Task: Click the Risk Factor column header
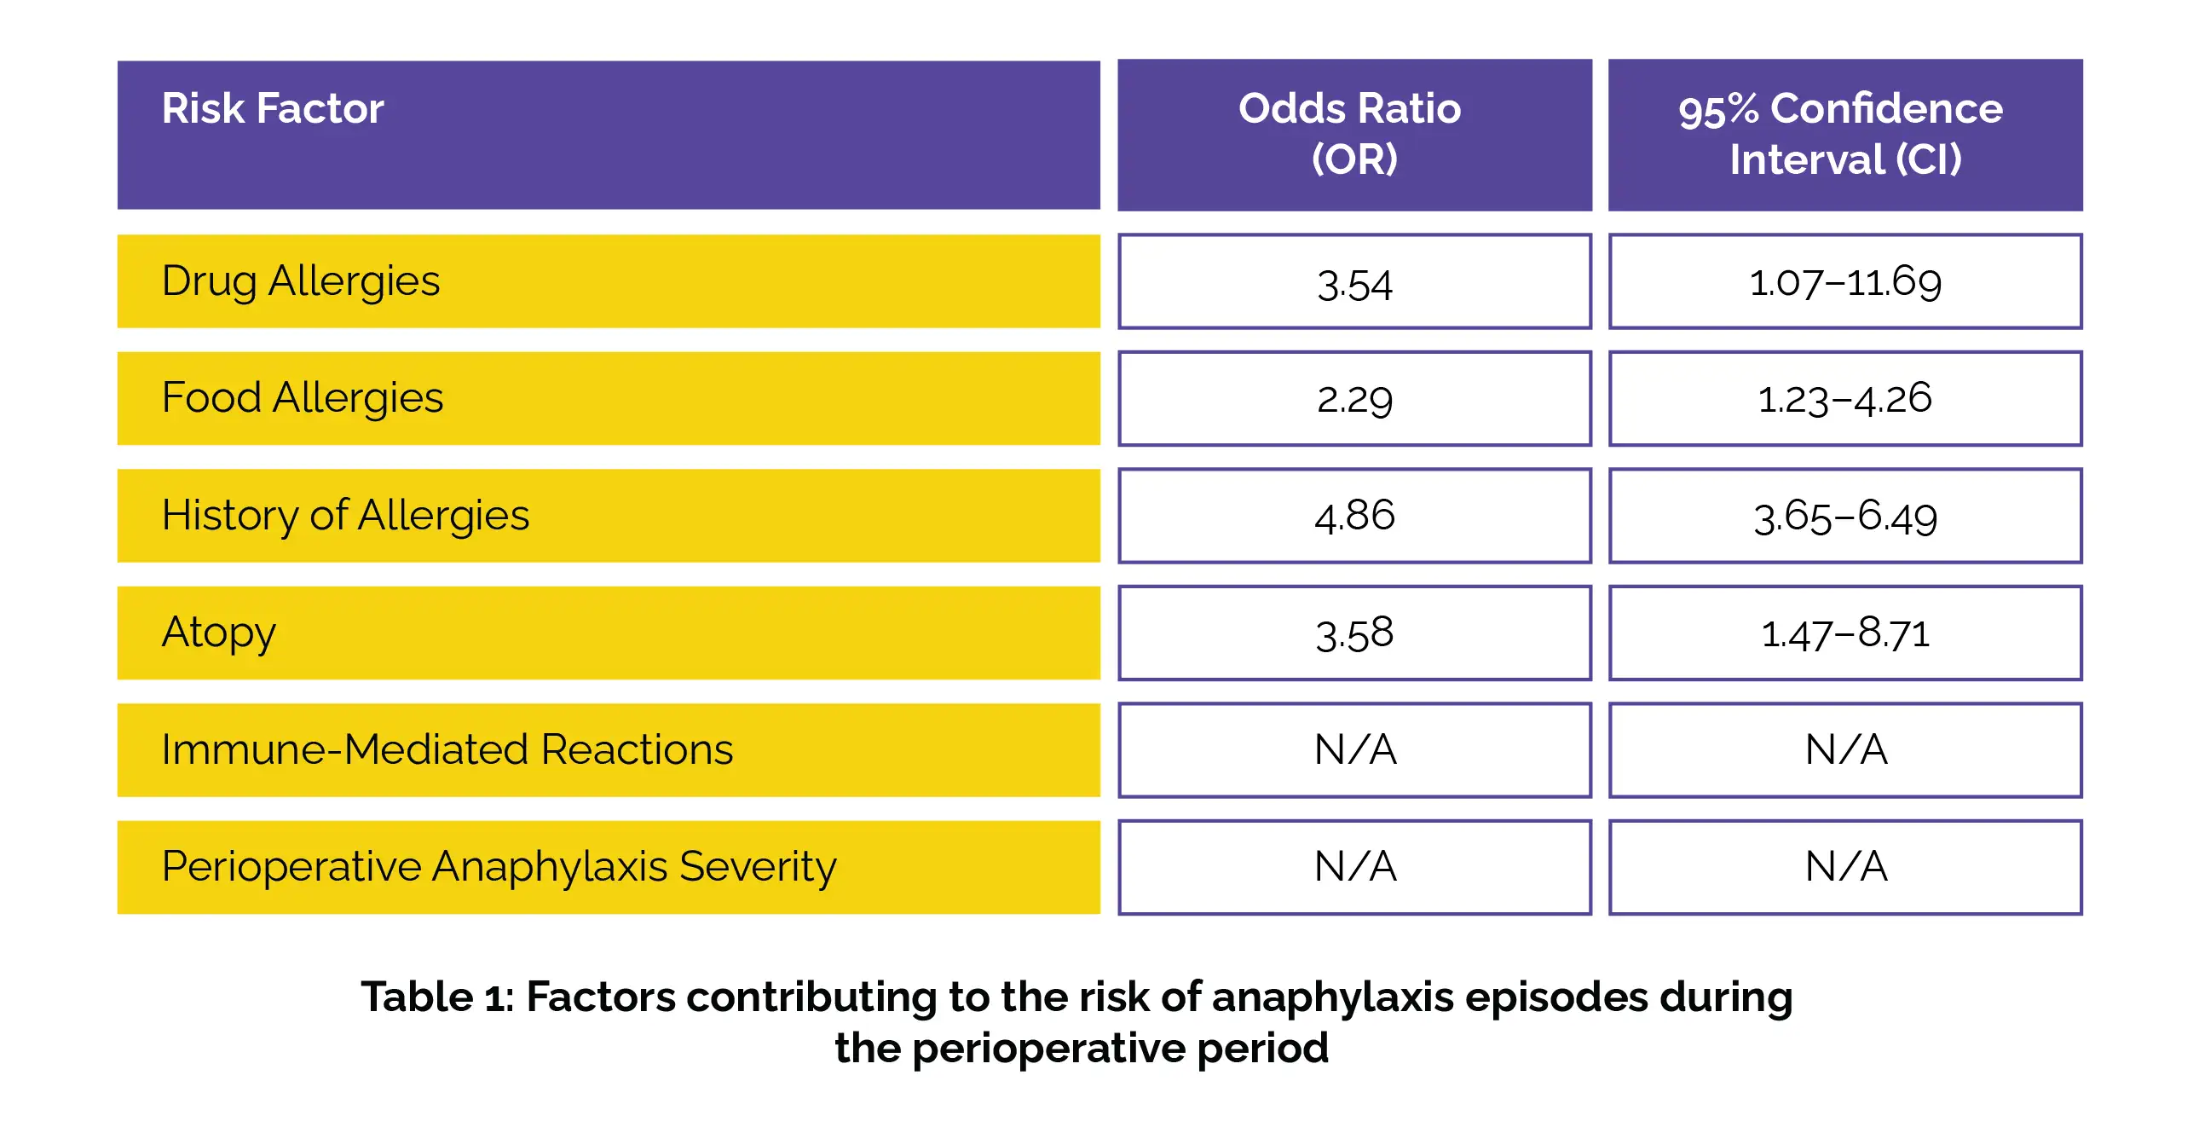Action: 272,109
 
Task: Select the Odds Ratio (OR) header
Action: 1353,134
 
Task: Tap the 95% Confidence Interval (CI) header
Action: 1844,134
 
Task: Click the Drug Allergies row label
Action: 301,280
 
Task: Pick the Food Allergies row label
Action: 303,398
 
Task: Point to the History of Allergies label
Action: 345,516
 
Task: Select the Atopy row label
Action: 218,633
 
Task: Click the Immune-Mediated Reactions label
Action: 447,749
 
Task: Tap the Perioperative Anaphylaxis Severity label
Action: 499,867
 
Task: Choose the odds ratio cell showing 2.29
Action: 1353,399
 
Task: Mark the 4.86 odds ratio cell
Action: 1353,516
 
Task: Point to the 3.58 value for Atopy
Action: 1353,633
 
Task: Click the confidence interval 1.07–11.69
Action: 1844,281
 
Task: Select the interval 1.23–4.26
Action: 1844,399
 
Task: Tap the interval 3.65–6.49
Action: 1844,516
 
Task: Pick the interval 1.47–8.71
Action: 1844,633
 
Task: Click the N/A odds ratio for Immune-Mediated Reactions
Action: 1353,749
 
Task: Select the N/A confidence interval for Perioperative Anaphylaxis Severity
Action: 1844,867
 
